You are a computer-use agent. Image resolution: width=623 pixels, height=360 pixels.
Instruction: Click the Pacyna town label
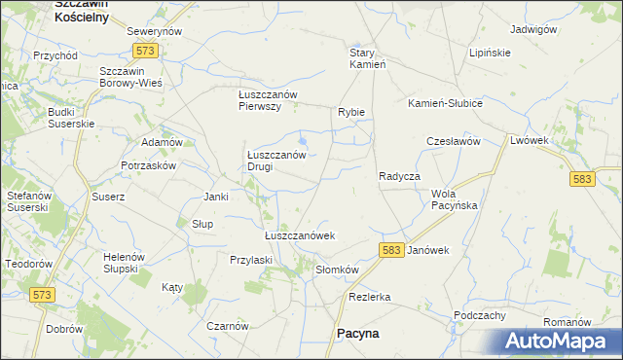[357, 333]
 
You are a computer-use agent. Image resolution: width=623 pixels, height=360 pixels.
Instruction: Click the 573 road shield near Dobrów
[44, 294]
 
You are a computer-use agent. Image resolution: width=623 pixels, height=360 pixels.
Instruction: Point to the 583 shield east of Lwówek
[582, 179]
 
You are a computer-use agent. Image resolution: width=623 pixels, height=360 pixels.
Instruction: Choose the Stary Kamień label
[369, 58]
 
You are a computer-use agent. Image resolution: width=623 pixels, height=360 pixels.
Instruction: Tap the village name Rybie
[351, 112]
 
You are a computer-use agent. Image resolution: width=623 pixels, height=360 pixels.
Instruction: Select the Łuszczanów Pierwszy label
[273, 100]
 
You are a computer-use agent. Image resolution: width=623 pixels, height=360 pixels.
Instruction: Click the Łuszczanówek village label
[300, 235]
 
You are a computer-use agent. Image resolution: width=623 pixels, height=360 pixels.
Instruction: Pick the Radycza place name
[399, 176]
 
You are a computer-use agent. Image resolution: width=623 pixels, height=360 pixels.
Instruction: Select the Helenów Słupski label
[124, 263]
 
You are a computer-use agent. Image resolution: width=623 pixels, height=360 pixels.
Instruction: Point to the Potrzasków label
[148, 165]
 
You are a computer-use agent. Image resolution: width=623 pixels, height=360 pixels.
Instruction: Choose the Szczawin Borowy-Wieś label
[130, 78]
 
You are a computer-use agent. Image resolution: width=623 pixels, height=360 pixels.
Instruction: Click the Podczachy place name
[479, 315]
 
